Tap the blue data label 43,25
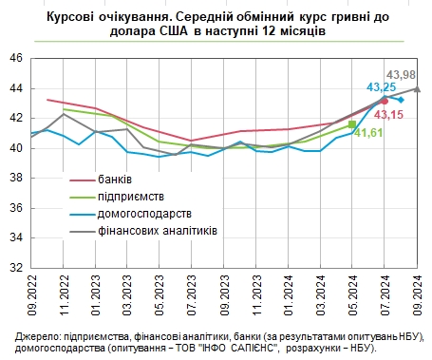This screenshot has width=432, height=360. (x=382, y=86)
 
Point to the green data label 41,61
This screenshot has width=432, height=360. (x=368, y=133)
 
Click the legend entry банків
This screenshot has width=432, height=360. (x=115, y=179)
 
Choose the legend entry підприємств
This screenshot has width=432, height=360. (x=129, y=196)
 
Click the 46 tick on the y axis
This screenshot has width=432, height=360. (x=16, y=58)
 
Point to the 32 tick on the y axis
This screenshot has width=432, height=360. (x=16, y=268)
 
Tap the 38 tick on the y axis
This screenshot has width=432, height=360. (x=16, y=178)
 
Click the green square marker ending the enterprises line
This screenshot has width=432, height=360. (x=352, y=124)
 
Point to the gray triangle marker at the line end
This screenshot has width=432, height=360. (x=418, y=89)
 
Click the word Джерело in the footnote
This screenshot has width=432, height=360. (x=38, y=337)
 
